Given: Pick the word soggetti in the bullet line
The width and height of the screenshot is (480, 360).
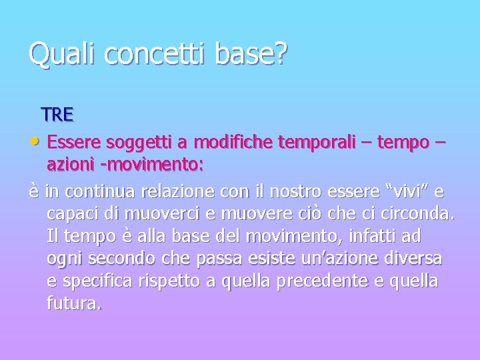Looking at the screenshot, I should [x=127, y=142].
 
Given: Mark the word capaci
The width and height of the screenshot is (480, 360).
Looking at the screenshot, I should [x=73, y=215].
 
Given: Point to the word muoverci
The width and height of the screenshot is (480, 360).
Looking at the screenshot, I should [x=160, y=215].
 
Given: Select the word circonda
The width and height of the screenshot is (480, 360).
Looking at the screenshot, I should [x=415, y=215].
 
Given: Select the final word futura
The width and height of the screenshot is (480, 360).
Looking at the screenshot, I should [x=74, y=305].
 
